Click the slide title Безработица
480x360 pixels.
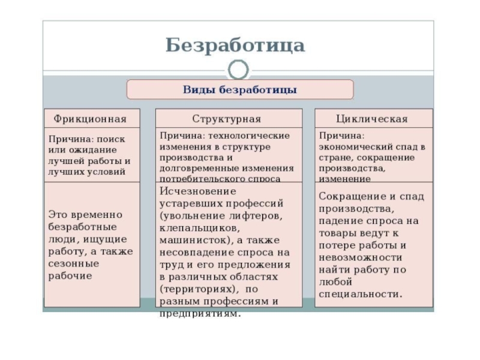click(x=235, y=45)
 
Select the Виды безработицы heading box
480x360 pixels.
click(x=239, y=90)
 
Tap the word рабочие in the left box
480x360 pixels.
click(x=70, y=276)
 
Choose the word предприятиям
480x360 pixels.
click(x=200, y=314)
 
